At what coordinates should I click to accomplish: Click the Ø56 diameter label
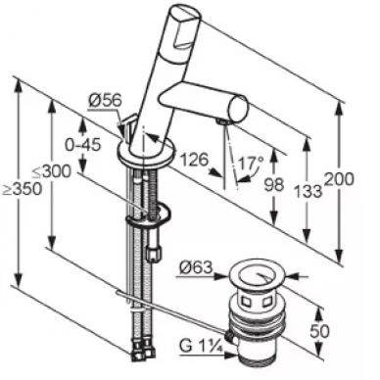tap(105, 100)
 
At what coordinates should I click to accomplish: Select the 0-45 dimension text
tap(82, 145)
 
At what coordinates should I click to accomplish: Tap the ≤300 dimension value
tap(51, 171)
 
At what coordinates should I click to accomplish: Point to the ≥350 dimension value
tap(23, 189)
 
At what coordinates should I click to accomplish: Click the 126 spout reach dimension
tap(194, 160)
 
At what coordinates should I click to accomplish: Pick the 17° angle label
tap(250, 163)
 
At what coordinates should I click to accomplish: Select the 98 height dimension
tap(274, 185)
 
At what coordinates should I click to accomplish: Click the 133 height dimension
tap(308, 191)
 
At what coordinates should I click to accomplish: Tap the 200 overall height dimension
tap(339, 179)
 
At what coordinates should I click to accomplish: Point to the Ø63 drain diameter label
tap(196, 268)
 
